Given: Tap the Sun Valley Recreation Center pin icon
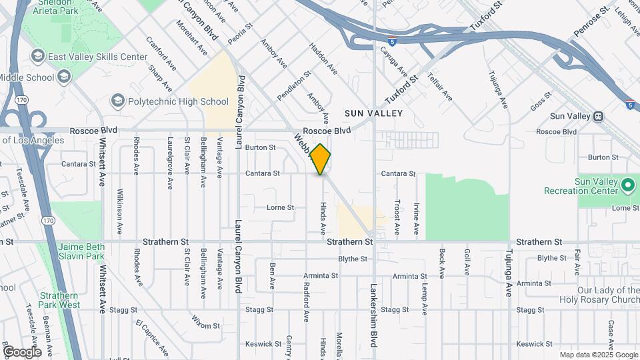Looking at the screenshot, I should (x=627, y=183).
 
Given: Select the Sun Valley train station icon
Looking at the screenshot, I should (x=599, y=116).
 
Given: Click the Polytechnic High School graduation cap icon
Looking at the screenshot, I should (x=118, y=101).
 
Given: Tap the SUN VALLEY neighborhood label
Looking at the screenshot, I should (x=373, y=113).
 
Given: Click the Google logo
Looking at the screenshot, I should (x=22, y=351).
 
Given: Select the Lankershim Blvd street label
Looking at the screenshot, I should (x=373, y=314).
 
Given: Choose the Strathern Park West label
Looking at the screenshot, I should (x=60, y=300).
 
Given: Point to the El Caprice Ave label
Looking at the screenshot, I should (x=152, y=339).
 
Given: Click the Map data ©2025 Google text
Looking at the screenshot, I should (x=599, y=355).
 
